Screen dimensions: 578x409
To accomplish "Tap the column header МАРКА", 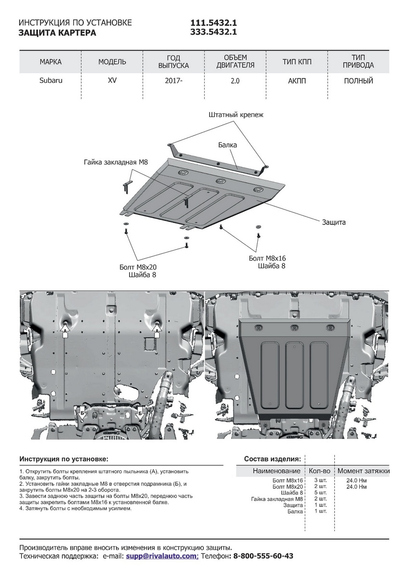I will (51, 62).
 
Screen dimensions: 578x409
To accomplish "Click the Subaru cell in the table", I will (51, 81).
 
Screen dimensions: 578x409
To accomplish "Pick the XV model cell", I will (112, 81).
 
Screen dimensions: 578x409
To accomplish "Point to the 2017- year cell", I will (173, 81).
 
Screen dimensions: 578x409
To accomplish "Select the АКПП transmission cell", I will (297, 81).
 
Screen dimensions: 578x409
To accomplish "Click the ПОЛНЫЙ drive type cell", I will (358, 81).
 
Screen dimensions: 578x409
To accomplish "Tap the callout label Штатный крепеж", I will (236, 115).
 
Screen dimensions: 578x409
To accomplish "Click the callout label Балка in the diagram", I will (227, 144).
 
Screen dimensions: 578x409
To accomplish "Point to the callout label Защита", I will (334, 223).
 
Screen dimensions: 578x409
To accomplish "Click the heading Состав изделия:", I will (273, 459).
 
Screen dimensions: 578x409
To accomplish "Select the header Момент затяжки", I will (363, 471).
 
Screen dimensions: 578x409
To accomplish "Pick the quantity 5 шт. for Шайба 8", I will (320, 493).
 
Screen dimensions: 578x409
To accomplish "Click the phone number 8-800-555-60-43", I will (263, 556).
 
